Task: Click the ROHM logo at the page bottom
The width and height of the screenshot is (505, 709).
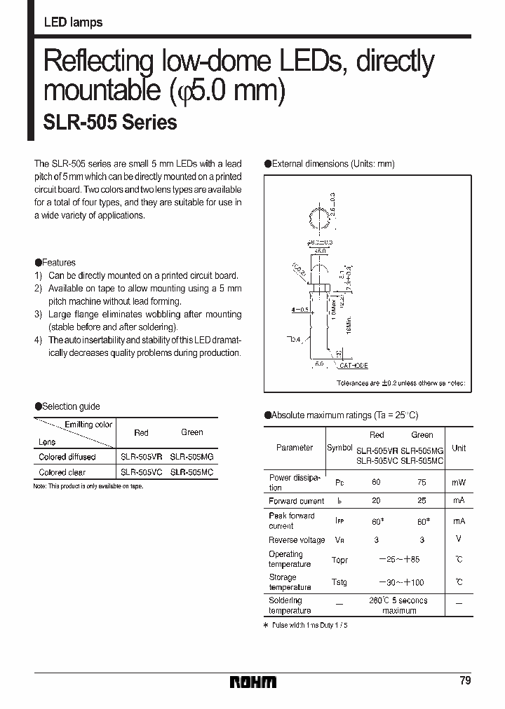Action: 253,682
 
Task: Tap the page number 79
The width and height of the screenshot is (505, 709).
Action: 466,680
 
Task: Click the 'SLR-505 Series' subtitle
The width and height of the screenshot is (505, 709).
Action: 110,123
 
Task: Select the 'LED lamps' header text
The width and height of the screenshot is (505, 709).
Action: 73,22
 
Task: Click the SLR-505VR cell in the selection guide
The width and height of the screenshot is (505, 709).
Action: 141,456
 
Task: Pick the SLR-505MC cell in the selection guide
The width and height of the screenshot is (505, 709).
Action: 191,472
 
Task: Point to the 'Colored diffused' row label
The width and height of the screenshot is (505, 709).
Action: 67,456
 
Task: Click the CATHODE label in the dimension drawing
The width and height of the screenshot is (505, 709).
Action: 353,366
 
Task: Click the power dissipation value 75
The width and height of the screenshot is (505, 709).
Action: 422,482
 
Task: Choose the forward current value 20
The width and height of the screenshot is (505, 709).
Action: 377,501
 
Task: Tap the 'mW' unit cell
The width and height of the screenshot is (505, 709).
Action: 459,482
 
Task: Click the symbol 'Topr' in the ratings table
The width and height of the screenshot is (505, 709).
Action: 339,560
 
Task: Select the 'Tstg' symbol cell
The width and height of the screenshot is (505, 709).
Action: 339,583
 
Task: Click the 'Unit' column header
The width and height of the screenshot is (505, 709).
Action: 459,448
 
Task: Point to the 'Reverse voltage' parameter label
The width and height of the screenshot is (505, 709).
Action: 297,540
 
